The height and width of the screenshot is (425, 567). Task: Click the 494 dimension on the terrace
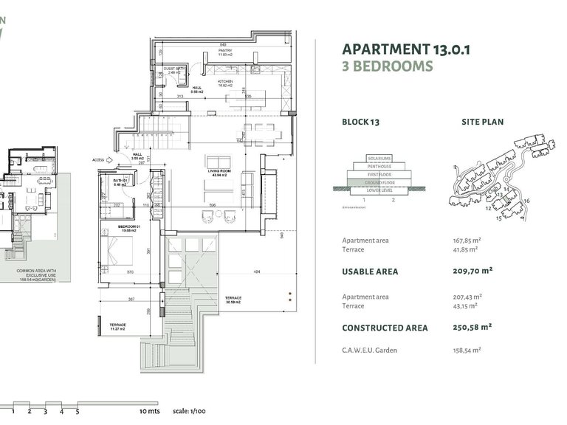tap(257, 273)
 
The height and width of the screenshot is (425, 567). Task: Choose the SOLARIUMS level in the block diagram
tap(377, 159)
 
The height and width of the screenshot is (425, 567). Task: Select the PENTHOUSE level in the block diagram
tap(377, 166)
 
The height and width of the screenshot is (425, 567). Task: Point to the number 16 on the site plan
tap(526, 200)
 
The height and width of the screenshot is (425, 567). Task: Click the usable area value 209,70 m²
tap(472, 271)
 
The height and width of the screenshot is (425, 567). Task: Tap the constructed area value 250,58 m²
tap(472, 327)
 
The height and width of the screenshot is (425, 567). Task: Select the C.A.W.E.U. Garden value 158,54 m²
tap(467, 350)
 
